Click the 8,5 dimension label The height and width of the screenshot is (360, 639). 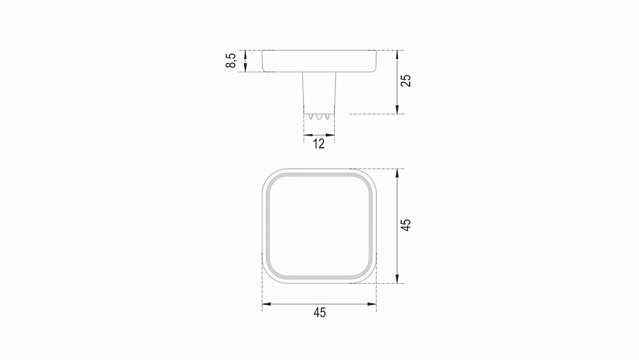point(231,60)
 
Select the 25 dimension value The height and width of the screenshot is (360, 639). point(406,81)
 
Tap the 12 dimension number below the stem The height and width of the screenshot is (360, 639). point(319,143)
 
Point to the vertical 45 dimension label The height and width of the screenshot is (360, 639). point(406,225)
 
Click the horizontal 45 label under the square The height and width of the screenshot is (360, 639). point(319,313)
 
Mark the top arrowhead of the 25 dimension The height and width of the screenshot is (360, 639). point(397,54)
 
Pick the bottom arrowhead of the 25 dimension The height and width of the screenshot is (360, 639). point(397,109)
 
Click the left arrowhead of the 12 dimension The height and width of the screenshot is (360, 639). point(309,135)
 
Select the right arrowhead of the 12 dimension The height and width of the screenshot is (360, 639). point(330,135)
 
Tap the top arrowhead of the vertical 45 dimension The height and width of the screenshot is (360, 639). point(397,173)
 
